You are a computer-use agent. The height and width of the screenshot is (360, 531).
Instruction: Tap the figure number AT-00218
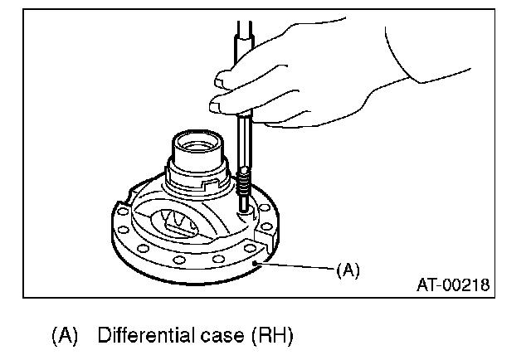pos(452,286)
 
